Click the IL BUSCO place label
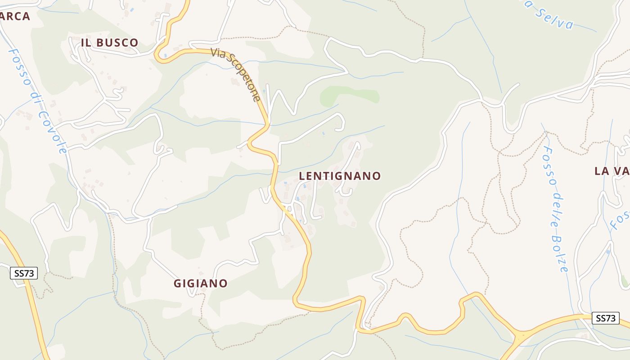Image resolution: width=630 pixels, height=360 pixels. pos(109,43)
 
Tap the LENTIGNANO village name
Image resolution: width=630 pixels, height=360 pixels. pos(340,176)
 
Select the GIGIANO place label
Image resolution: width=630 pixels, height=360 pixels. pos(201,283)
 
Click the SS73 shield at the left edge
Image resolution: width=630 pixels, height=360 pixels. pos(24,273)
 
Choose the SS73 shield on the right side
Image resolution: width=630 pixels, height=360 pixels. pos(605,318)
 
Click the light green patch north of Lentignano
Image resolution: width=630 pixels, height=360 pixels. pos(349,94)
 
